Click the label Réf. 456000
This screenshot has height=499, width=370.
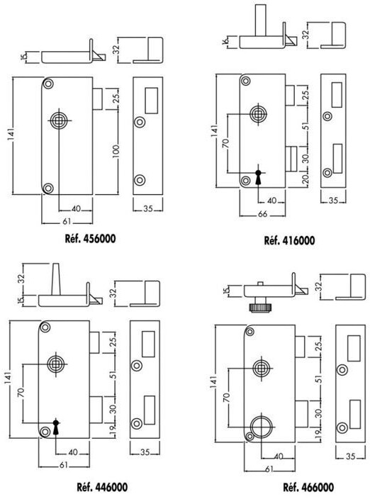[90, 239]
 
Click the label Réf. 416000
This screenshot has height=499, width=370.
[289, 240]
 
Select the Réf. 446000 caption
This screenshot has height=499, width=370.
[103, 487]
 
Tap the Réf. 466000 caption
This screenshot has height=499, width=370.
[308, 487]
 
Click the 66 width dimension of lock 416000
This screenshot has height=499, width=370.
[262, 214]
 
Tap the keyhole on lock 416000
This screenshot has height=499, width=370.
[258, 177]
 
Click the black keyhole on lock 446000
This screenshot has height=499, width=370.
[56, 427]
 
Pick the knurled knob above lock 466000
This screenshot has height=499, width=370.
[259, 308]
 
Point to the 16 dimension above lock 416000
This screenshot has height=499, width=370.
[225, 41]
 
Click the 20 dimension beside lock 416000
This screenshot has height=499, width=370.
[305, 180]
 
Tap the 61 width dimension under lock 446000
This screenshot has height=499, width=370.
[64, 465]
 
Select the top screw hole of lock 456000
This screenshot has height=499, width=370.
[48, 84]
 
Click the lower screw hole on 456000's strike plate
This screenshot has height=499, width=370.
[140, 180]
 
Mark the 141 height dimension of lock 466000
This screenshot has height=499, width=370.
[214, 383]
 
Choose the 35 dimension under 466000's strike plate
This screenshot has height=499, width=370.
[350, 456]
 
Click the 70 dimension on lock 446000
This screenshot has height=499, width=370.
[21, 393]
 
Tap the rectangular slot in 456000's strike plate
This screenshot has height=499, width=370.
[152, 101]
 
